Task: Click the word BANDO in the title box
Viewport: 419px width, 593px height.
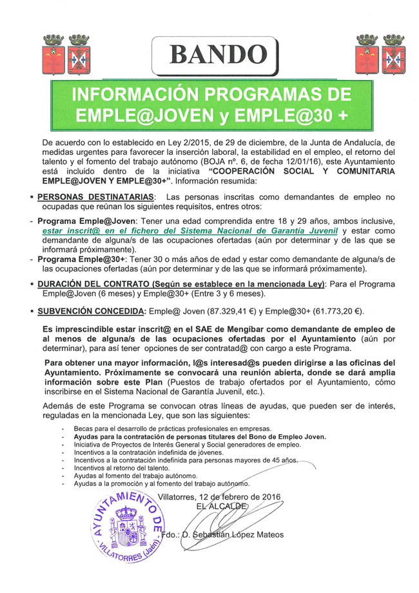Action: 215,54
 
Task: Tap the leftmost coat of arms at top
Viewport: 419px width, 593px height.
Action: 54,54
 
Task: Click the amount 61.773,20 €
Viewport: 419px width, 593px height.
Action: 336,311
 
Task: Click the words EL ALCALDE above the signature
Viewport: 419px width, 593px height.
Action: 223,507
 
